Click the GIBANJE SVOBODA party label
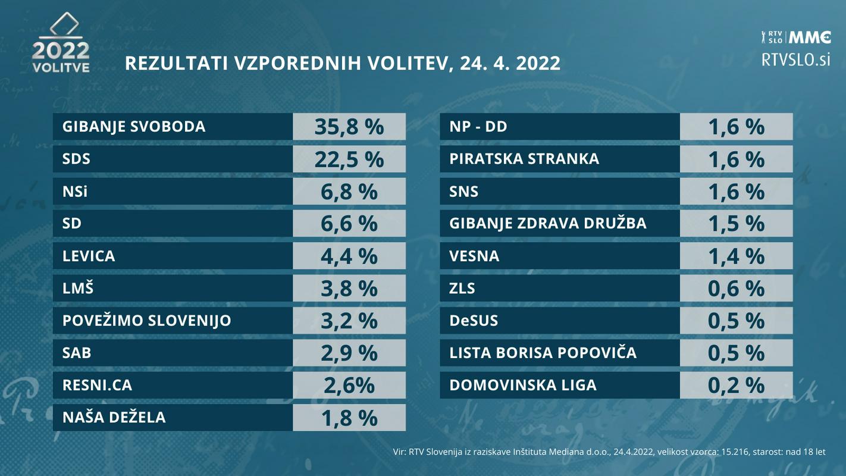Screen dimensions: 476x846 coord(134,127)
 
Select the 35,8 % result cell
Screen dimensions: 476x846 coord(349,127)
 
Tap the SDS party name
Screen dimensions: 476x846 coord(76,159)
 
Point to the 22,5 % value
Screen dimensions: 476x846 coord(349,159)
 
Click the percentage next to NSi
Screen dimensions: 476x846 coord(349,192)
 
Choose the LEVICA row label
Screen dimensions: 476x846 coord(89,256)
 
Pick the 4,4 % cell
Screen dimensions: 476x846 coord(349,256)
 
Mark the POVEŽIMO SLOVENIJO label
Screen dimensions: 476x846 coord(146,321)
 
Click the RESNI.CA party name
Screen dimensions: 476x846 coord(97,385)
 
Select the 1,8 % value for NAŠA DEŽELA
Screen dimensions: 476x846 coord(349,418)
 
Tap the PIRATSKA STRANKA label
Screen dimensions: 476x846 coord(524,159)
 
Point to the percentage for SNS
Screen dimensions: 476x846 coord(736,192)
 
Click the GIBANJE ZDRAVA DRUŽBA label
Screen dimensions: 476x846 coord(547,224)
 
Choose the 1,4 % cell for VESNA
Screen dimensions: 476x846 coord(736,256)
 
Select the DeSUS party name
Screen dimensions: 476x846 coord(474,321)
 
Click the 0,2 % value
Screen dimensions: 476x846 coord(736,385)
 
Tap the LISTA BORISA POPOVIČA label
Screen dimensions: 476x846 coord(543,353)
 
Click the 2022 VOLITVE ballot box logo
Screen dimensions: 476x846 coord(61,43)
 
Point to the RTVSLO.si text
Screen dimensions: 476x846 coord(795,59)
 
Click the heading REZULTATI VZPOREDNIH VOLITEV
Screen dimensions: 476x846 coord(342,63)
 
